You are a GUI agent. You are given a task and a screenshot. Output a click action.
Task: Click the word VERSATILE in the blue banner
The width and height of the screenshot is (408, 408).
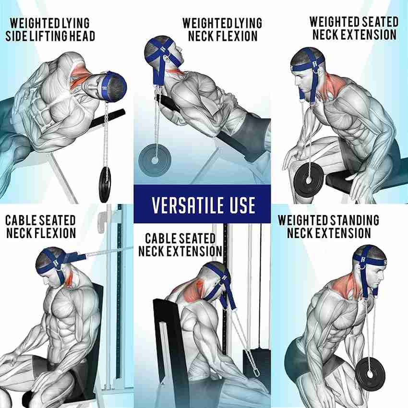188,205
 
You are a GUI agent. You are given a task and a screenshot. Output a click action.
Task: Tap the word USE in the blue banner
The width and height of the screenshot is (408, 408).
242,205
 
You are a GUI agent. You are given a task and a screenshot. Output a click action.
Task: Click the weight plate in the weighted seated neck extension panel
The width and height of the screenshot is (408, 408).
309,180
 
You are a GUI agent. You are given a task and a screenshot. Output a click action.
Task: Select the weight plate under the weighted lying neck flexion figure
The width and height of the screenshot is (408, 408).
155,160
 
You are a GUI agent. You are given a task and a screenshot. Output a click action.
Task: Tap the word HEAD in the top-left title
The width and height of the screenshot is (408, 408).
82,36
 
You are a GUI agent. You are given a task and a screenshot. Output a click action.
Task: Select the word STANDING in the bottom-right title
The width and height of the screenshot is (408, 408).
354,220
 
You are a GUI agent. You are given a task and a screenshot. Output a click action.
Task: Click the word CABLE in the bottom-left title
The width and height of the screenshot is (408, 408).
22,220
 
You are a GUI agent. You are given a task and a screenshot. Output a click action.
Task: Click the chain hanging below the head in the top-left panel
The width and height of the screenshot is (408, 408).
106,135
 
